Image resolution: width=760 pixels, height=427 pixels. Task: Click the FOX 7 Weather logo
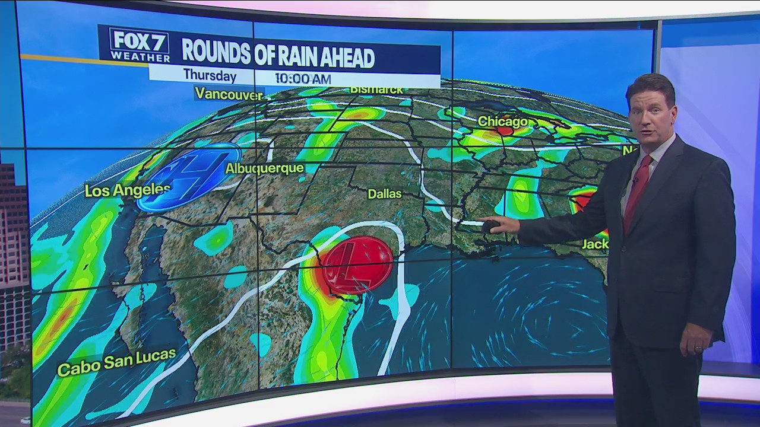click(x=140, y=45)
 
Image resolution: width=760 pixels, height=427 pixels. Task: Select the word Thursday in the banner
click(x=210, y=76)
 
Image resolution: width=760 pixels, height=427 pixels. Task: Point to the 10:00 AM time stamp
click(x=302, y=79)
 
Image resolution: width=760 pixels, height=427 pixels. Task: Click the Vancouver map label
click(x=229, y=94)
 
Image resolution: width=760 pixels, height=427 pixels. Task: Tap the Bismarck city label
click(x=376, y=90)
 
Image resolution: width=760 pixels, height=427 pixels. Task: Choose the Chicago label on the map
click(x=502, y=122)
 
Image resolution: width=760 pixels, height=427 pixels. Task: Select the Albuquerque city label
click(x=264, y=168)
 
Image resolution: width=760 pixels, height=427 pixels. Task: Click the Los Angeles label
click(x=127, y=190)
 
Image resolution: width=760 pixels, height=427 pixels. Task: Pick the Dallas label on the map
click(x=384, y=194)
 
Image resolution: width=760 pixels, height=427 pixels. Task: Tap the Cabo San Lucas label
click(x=116, y=362)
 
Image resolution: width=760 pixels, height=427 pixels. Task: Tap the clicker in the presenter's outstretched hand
click(x=490, y=226)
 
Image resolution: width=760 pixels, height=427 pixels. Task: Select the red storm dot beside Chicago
click(x=505, y=130)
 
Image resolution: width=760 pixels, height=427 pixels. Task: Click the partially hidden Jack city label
click(x=595, y=243)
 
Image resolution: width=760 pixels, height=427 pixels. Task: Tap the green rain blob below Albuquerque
click(x=215, y=238)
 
